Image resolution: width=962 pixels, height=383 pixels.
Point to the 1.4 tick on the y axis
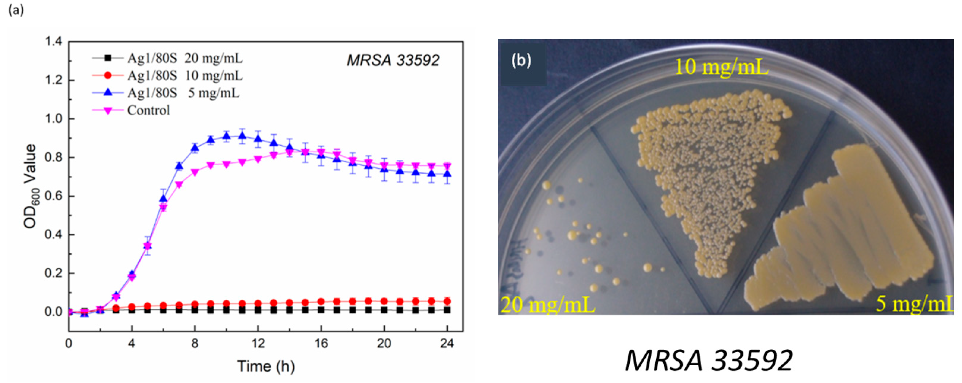click(53, 41)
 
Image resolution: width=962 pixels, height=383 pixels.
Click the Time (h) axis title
click(266, 366)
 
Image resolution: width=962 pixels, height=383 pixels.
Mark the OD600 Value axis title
click(30, 186)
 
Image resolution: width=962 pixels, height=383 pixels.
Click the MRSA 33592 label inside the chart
click(393, 60)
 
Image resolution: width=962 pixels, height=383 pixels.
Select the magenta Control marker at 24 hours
click(447, 166)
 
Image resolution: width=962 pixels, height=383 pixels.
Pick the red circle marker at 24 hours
click(447, 301)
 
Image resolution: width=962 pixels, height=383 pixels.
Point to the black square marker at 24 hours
click(447, 310)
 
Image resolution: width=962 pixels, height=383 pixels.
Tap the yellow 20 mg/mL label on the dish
click(547, 304)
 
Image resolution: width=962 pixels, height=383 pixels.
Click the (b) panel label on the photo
click(521, 60)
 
